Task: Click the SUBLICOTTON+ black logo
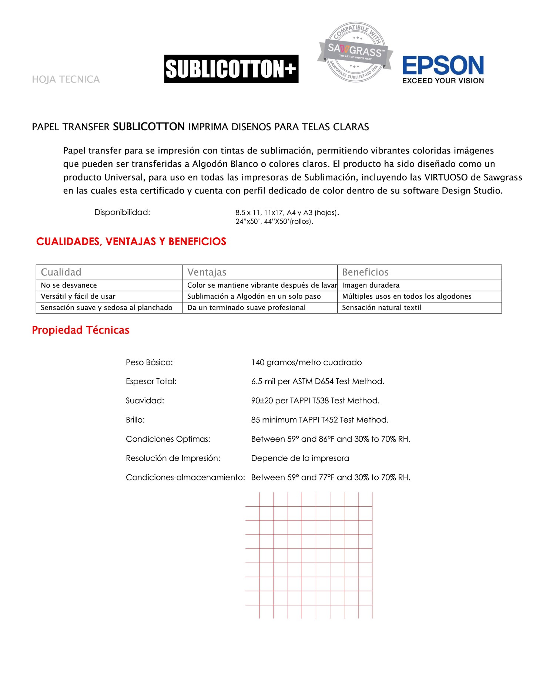click(x=231, y=69)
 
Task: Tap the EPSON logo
click(x=443, y=70)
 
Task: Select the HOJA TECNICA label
click(x=66, y=80)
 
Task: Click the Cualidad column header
click(x=61, y=272)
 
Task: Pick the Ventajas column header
click(x=207, y=272)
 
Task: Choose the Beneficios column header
click(x=365, y=272)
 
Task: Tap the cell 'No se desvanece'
click(x=69, y=285)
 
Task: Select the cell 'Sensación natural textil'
click(x=382, y=307)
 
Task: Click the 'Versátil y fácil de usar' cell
click(x=78, y=296)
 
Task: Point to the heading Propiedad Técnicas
click(x=81, y=330)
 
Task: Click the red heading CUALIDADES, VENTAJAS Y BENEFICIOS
click(x=131, y=242)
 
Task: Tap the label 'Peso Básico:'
click(x=149, y=362)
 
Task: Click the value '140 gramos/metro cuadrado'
click(x=306, y=362)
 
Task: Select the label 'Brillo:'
click(x=135, y=420)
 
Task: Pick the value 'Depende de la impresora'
click(x=300, y=458)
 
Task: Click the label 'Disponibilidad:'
click(x=122, y=212)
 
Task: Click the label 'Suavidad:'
click(x=145, y=401)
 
